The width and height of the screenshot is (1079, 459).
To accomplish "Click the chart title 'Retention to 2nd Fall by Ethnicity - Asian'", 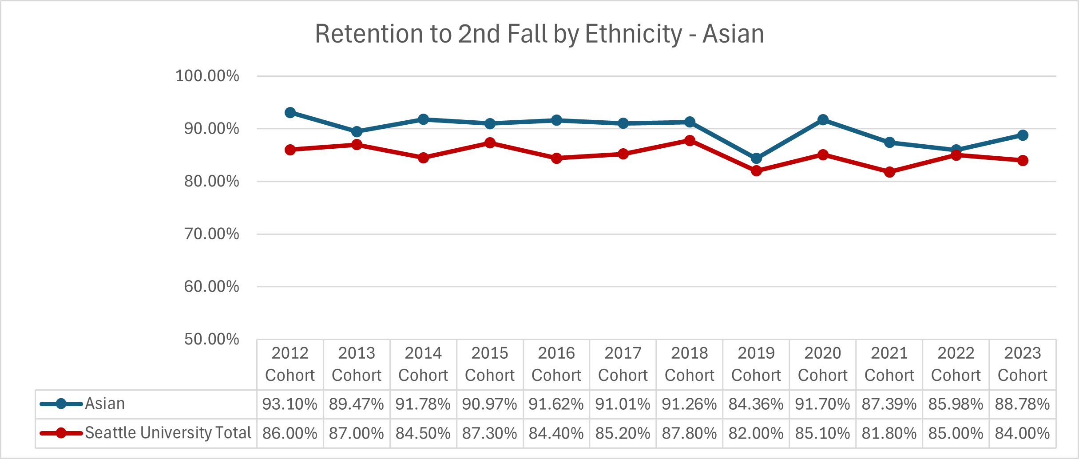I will pyautogui.click(x=539, y=34).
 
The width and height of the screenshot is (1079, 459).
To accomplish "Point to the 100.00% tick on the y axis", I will pyautogui.click(x=207, y=76).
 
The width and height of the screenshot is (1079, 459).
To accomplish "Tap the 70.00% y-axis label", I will pyautogui.click(x=211, y=234).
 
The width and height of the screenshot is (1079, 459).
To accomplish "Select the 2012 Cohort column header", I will pyautogui.click(x=290, y=364).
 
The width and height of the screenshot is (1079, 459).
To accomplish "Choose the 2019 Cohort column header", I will pyautogui.click(x=756, y=364).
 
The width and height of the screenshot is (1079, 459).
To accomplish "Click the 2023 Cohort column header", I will pyautogui.click(x=1022, y=364).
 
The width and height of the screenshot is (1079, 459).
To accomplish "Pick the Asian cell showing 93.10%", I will pyautogui.click(x=290, y=404).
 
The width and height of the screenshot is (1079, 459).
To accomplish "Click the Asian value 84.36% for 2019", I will pyautogui.click(x=756, y=404).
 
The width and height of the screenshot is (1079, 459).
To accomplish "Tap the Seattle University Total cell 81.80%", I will pyautogui.click(x=889, y=433).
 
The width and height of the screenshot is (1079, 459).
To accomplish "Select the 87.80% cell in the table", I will pyautogui.click(x=690, y=433).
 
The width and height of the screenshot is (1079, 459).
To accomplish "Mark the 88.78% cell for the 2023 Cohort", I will pyautogui.click(x=1022, y=404).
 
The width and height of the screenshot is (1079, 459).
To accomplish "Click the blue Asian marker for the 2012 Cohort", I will pyautogui.click(x=290, y=113).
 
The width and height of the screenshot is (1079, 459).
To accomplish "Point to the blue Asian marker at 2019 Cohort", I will pyautogui.click(x=756, y=158).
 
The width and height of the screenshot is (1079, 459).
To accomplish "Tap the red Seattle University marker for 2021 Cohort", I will pyautogui.click(x=889, y=172).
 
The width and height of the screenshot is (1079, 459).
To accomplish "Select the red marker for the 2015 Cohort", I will pyautogui.click(x=490, y=143).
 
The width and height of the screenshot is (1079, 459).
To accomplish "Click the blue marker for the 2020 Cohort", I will pyautogui.click(x=823, y=120).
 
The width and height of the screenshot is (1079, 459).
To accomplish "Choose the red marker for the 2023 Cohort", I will pyautogui.click(x=1023, y=160).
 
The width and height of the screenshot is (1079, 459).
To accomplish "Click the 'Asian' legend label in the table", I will pyautogui.click(x=105, y=404).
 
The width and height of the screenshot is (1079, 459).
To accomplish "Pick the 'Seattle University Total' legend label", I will pyautogui.click(x=168, y=433).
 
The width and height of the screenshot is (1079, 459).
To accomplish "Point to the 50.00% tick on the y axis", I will pyautogui.click(x=211, y=339).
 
